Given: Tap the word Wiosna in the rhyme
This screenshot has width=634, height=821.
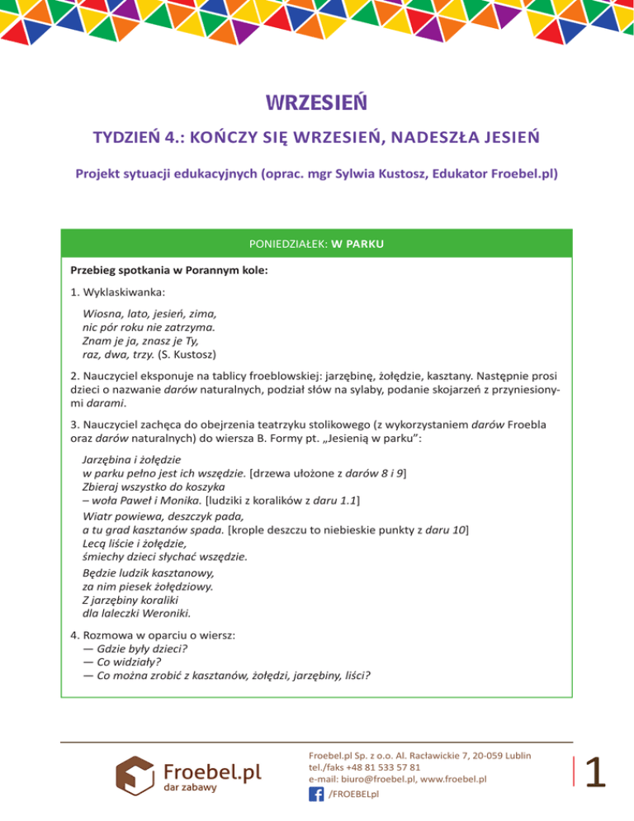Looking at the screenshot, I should pos(102,313).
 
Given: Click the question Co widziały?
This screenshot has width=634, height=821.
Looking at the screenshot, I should pos(122,661).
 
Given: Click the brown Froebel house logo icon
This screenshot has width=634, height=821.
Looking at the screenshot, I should pos(132,775).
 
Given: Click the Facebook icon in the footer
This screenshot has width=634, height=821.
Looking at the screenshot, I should pos(315,794).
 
